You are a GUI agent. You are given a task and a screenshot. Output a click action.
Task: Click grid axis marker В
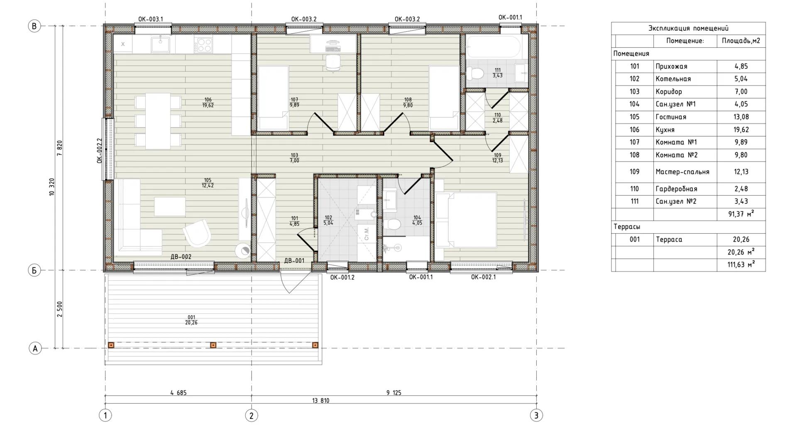[34, 26]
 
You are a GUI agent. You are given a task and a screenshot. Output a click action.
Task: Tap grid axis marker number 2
[251, 415]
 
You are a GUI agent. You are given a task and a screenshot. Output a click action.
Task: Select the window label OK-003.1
[151, 19]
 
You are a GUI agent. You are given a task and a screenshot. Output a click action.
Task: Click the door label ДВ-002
[181, 257]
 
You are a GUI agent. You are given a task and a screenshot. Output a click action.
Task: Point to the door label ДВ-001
[294, 261]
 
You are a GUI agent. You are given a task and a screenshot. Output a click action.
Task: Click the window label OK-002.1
[483, 277]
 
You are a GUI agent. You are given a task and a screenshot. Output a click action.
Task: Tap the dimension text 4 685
[178, 392]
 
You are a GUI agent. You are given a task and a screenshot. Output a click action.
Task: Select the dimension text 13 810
[321, 401]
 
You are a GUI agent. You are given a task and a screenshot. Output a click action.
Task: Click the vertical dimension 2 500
[59, 309]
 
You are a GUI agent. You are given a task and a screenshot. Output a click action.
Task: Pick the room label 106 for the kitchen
[208, 100]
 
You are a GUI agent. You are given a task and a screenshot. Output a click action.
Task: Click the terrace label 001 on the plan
[191, 317]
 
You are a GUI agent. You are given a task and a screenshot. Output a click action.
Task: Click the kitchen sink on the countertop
[160, 44]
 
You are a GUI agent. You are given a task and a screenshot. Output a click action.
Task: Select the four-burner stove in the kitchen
[203, 44]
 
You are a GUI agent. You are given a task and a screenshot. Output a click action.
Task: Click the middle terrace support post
[213, 345]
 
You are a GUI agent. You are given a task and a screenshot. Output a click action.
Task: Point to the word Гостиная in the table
[671, 117]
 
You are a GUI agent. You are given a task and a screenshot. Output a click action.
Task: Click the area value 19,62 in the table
[741, 130]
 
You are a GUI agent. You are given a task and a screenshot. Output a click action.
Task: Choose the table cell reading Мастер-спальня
[685, 172]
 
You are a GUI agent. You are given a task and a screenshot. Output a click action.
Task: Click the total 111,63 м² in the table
[741, 265]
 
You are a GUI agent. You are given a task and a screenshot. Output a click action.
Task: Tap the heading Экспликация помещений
[688, 28]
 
